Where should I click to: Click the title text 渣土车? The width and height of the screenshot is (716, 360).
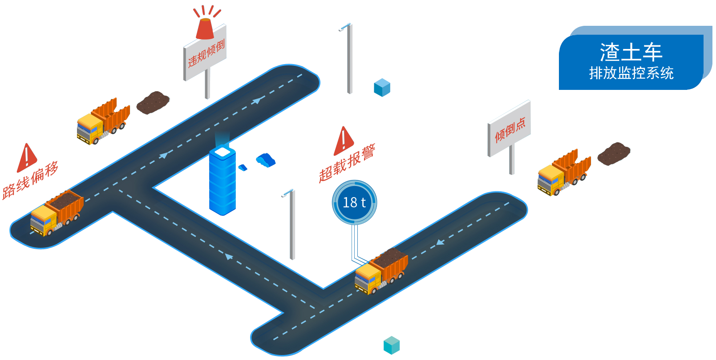[x=631, y=52]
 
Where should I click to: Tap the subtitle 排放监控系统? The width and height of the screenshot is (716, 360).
[x=631, y=73]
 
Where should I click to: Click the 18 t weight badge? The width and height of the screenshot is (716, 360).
[x=354, y=202]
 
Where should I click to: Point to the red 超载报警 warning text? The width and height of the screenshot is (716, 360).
[x=347, y=163]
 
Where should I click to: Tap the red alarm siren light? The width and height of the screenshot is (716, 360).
[x=205, y=28]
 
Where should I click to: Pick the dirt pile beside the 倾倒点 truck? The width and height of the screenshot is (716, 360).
[x=614, y=154]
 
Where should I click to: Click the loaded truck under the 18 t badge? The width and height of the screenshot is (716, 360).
[x=381, y=271]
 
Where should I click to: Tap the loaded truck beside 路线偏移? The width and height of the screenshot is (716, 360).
[x=57, y=213]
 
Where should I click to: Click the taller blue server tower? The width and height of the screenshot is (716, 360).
[x=222, y=180]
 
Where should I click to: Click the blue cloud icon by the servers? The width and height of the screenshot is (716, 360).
[x=266, y=159]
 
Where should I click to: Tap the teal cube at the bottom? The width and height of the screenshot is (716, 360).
[x=392, y=345]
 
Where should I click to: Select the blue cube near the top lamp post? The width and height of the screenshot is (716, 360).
[x=382, y=88]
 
